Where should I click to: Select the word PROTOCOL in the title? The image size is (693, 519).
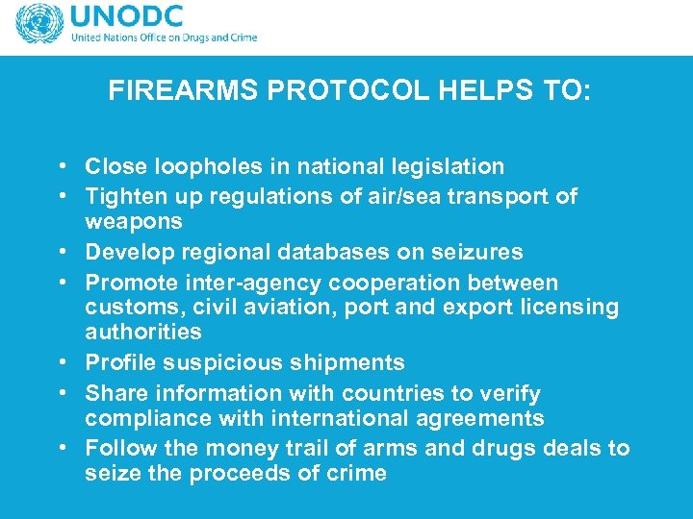pyautogui.click(x=308, y=91)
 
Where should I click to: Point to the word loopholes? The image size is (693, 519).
pyautogui.click(x=187, y=166)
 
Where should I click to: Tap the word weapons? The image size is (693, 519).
pyautogui.click(x=133, y=221)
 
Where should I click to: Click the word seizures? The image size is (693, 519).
pyautogui.click(x=479, y=252)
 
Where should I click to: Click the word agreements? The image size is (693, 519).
pyautogui.click(x=481, y=418)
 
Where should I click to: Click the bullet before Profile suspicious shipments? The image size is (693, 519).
pyautogui.click(x=62, y=363)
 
